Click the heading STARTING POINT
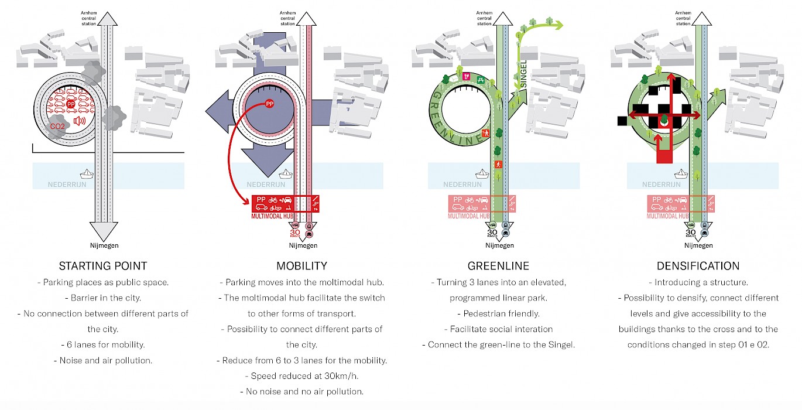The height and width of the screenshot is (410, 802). [103, 266]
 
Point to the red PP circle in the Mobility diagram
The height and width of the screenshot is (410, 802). [269, 104]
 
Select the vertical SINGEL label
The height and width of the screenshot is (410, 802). [524, 78]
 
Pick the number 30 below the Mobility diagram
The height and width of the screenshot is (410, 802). [296, 232]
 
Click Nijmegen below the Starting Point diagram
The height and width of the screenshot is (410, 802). [102, 245]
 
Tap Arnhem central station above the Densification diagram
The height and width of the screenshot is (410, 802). [683, 18]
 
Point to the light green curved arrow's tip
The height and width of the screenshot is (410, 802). [560, 25]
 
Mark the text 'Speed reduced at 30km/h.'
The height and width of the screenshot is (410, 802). [301, 375]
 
